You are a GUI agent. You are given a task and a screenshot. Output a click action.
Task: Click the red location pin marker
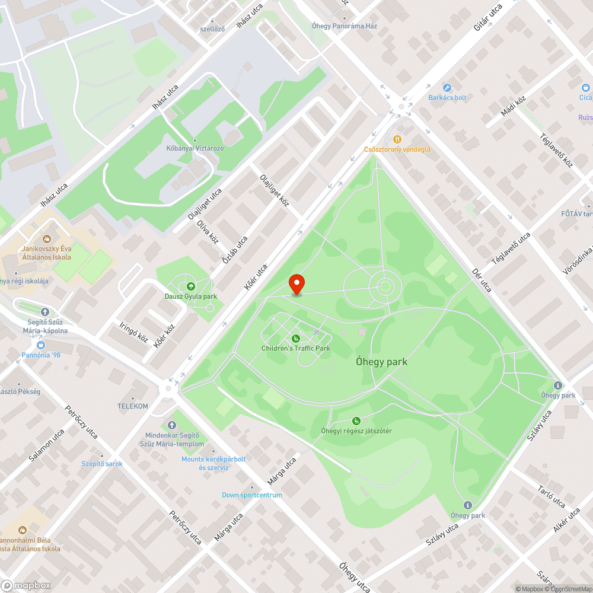click(296, 284)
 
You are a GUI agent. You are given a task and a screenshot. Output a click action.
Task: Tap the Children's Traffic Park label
click(295, 348)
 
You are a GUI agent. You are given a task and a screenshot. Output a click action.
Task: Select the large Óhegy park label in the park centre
click(382, 362)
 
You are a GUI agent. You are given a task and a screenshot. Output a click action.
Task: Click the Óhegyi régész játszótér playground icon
click(356, 420)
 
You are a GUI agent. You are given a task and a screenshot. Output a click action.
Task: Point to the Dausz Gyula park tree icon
click(190, 286)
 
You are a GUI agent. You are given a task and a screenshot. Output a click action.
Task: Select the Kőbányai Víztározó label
click(194, 148)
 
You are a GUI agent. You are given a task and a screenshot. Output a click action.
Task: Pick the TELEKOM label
click(133, 406)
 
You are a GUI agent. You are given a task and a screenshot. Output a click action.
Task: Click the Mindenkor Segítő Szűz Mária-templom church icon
click(172, 425)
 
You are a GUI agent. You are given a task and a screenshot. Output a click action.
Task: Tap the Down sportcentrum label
click(252, 495)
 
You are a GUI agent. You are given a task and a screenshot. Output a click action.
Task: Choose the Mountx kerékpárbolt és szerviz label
click(213, 463)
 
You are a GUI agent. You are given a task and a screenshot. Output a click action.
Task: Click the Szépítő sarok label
click(102, 464)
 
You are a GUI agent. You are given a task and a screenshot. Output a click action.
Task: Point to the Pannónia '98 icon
click(40, 345)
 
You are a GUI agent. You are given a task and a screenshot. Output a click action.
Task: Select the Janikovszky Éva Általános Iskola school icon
click(46, 238)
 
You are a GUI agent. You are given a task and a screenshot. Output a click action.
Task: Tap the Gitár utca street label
click(488, 18)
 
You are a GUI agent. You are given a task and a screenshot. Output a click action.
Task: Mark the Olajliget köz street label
click(274, 190)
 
